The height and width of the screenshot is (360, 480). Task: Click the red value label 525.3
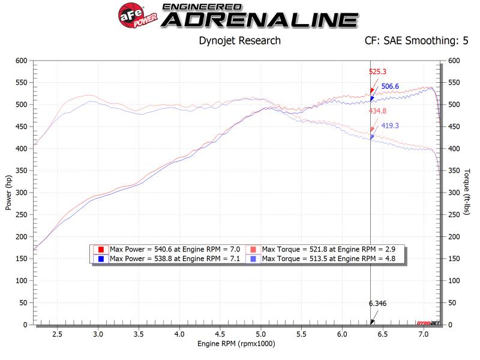(x=377, y=71)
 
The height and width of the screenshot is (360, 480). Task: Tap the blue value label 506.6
(x=391, y=86)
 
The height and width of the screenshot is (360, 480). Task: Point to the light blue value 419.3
(x=391, y=126)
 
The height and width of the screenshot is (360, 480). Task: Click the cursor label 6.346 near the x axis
(x=377, y=304)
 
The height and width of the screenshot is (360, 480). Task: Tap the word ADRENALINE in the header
(x=259, y=20)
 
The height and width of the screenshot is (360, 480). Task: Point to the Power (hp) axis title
(x=8, y=192)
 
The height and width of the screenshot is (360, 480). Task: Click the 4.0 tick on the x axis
(x=179, y=333)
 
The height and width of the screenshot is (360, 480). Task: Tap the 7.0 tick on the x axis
(x=423, y=333)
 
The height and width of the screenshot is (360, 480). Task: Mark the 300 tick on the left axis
(x=22, y=193)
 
